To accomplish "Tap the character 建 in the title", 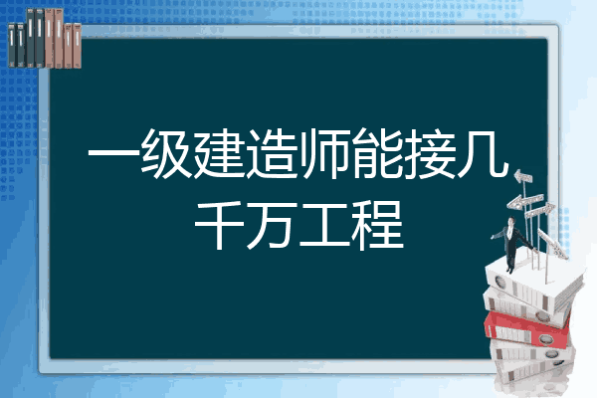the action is pyautogui.click(x=219, y=153).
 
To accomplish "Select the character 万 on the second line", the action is pyautogui.click(x=273, y=226).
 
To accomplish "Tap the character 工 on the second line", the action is pyautogui.click(x=325, y=226).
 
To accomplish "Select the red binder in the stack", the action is pyautogui.click(x=527, y=328).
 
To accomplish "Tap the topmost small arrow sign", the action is pyautogui.click(x=523, y=176).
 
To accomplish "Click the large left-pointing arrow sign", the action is pyautogui.click(x=524, y=201).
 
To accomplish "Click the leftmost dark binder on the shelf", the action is pyautogui.click(x=12, y=45).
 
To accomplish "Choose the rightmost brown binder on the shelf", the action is pyautogui.click(x=77, y=46).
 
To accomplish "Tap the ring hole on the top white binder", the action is pyautogui.click(x=499, y=282).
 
